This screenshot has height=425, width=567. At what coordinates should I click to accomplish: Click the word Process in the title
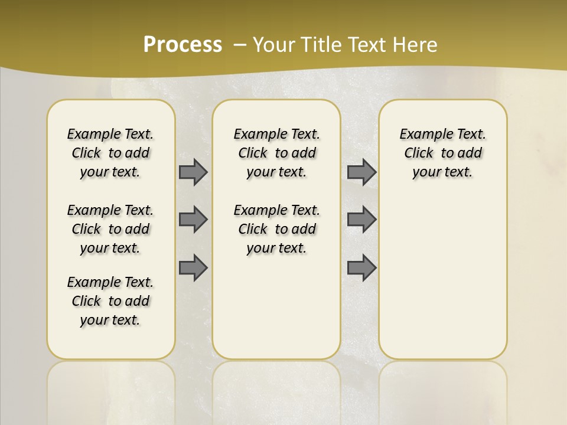coord(183,45)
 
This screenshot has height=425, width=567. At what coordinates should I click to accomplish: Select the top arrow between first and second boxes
coord(193,172)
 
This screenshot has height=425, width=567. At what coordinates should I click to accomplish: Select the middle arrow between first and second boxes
coord(193,220)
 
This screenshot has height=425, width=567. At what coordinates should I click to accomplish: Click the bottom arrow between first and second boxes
coord(193,267)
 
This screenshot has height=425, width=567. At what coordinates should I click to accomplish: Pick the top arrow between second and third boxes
coord(361,172)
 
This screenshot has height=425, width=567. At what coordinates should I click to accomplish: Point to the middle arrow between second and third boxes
coord(361,220)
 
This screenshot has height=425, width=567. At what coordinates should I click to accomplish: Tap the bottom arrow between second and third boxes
coord(361,267)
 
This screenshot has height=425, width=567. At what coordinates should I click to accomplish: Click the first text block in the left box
coord(110,153)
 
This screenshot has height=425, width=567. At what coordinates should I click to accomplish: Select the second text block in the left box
coord(110,229)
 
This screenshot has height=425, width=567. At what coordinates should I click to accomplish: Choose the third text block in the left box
coord(110,301)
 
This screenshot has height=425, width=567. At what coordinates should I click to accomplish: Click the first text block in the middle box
coord(276,153)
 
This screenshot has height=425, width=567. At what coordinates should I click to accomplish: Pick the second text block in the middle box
coord(276,229)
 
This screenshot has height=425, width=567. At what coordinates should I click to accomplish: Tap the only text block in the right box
coord(443,153)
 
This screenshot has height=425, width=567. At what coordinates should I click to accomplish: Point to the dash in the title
coord(240,45)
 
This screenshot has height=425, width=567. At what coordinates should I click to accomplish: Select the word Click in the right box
coord(419,153)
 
